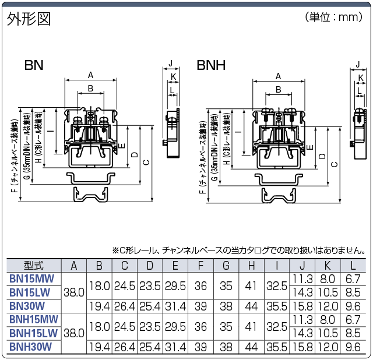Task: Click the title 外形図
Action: pos(29,19)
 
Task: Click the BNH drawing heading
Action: pos(211,64)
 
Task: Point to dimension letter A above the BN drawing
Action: pos(90,75)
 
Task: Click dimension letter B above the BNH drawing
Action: pos(279,89)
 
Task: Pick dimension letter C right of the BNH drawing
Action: pos(334,164)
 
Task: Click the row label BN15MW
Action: pos(34,278)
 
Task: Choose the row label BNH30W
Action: pos(34,347)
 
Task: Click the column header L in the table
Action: pos(354,266)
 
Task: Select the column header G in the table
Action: pos(227,266)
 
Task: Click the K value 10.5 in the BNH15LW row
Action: pos(328,333)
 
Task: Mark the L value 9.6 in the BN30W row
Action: pos(354,305)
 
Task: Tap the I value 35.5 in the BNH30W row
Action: pos(277,347)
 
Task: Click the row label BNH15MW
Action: pos(34,319)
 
